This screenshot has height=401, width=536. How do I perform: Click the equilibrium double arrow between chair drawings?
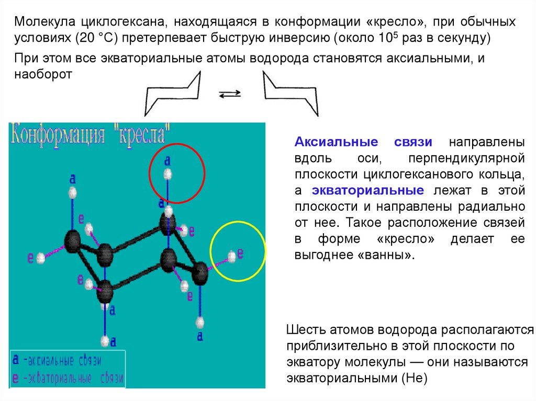click(229, 94)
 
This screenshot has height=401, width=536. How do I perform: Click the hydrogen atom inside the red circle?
click(167, 174)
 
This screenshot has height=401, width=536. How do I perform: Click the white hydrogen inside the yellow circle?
click(232, 256)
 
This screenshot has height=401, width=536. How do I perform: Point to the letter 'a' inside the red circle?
click(167, 159)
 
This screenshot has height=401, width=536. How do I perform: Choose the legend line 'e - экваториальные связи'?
click(68, 377)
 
